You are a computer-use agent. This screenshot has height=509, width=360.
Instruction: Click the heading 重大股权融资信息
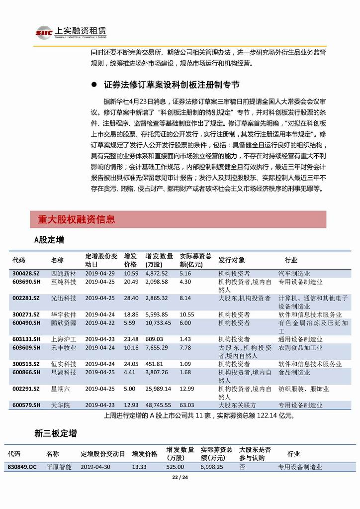click(76, 219)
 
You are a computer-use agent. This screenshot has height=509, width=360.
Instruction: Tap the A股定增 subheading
click(49, 240)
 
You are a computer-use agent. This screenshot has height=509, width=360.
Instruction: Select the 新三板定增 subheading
click(55, 434)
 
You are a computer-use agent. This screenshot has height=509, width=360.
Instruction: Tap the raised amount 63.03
click(186, 405)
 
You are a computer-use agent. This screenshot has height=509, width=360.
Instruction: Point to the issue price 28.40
click(131, 298)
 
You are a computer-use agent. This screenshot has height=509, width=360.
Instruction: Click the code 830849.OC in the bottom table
click(22, 467)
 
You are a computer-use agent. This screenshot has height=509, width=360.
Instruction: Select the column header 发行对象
click(232, 260)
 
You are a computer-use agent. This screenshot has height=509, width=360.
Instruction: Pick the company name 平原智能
click(59, 467)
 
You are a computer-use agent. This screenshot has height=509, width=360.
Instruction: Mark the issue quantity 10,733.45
click(158, 322)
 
